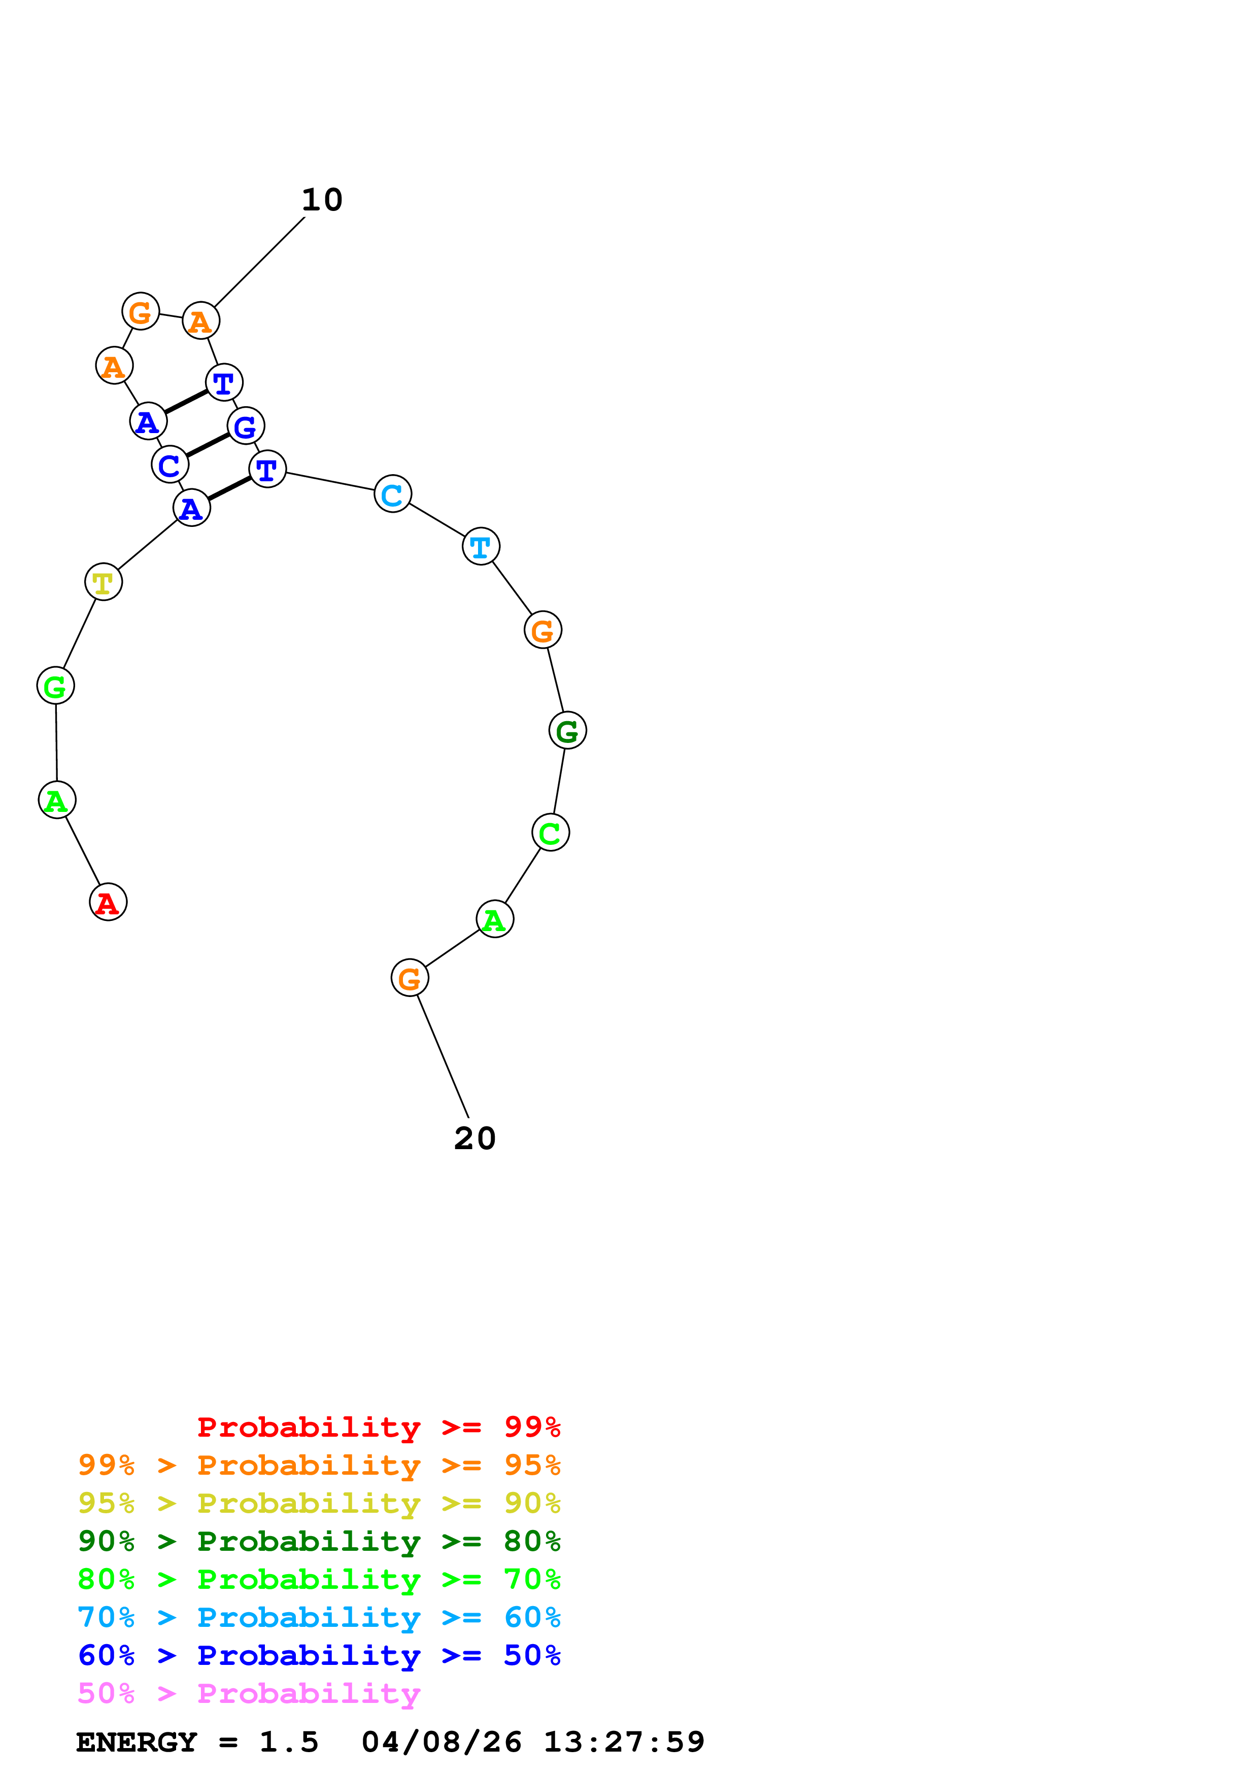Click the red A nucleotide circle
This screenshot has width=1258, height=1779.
108,902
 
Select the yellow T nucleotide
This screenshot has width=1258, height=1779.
103,582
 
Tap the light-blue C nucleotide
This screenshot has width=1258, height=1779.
392,493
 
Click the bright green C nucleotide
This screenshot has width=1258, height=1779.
550,832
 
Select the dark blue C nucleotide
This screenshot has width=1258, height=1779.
170,465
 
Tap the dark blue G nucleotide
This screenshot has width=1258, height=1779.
246,425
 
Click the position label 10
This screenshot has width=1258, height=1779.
322,200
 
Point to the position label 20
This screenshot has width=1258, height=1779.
474,1138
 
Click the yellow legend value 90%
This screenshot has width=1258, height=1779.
532,1503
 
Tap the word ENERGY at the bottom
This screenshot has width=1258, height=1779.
137,1742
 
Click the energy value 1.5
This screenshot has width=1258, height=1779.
288,1742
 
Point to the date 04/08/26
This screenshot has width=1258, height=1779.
441,1742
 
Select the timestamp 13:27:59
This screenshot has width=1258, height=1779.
624,1742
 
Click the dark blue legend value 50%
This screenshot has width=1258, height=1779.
532,1655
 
